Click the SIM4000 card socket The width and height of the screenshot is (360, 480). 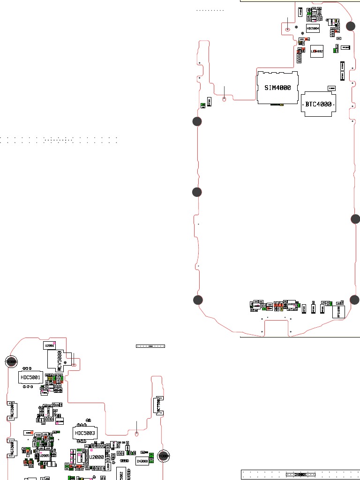point(277,88)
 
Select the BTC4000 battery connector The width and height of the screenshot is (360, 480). point(319,104)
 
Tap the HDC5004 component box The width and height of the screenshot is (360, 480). point(313,28)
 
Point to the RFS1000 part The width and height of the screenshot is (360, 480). point(338,311)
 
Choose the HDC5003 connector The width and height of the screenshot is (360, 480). point(85,433)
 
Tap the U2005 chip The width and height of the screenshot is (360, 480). point(45,455)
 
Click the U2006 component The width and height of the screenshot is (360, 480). point(49,345)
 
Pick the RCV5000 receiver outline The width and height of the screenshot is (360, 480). point(60,360)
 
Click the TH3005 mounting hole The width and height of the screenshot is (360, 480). point(11,361)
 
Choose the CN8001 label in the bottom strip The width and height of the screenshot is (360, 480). point(300,474)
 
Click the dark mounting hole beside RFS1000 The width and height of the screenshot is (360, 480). point(355,300)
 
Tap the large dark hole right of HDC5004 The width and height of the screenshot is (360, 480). point(351,26)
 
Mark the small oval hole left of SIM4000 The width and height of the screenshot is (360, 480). point(225,99)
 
